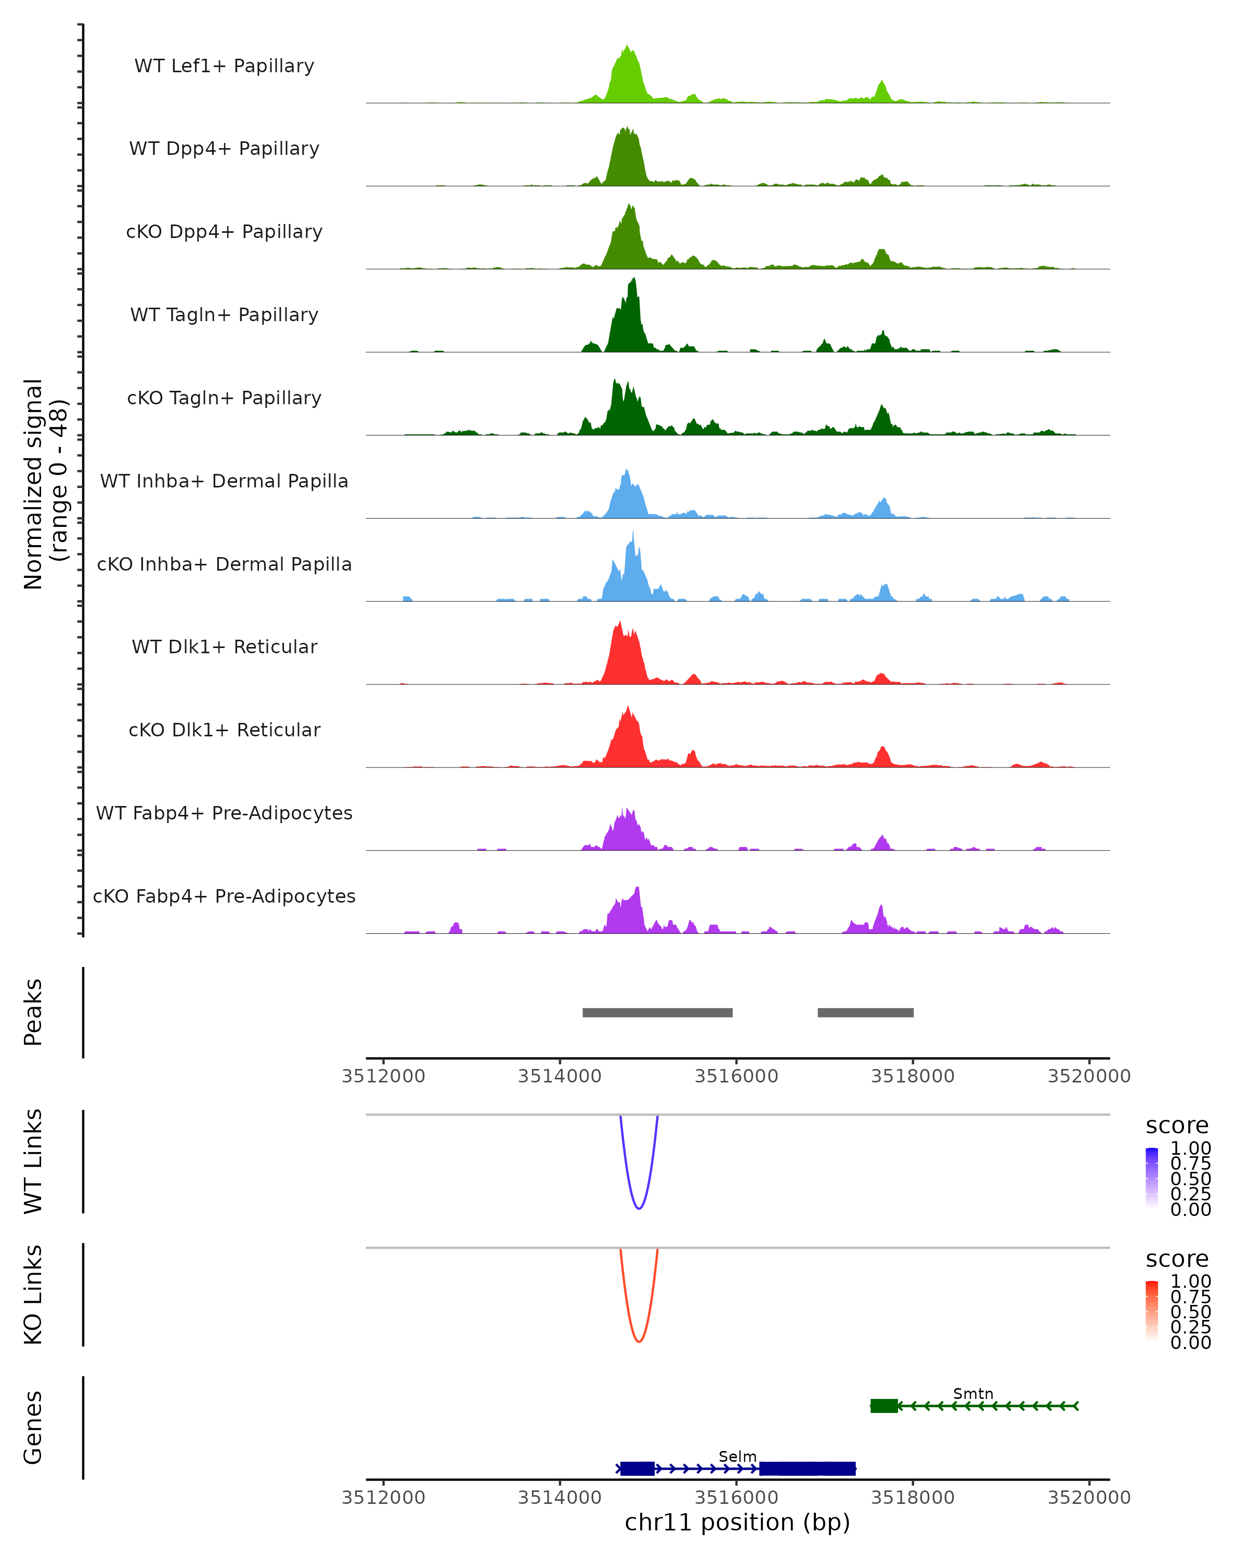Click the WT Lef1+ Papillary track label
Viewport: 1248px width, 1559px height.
224,66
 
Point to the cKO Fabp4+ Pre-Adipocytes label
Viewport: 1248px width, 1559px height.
224,896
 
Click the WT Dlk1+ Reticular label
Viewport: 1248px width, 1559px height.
224,646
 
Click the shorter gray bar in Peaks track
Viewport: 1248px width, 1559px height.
865,1012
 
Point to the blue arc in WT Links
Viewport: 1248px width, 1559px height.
639,1208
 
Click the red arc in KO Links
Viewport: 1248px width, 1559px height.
639,1341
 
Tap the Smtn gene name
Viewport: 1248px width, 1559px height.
972,1393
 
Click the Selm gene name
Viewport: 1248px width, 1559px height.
737,1456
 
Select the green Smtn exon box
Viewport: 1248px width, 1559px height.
883,1406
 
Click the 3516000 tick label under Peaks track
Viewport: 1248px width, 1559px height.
736,1076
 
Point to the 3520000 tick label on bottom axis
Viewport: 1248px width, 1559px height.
1089,1498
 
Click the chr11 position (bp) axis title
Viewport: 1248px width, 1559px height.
737,1523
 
